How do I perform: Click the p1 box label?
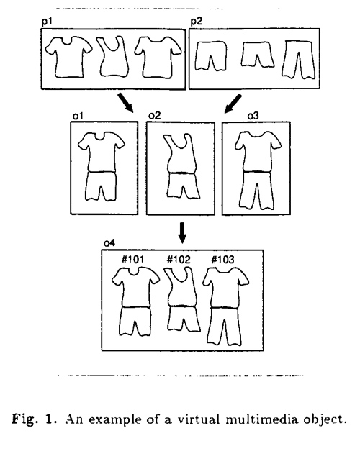point(48,22)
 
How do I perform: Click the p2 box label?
point(197,22)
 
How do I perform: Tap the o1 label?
point(78,116)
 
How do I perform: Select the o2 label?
point(155,116)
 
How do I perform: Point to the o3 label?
point(253,116)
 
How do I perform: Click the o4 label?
point(109,243)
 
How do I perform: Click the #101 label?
point(132,260)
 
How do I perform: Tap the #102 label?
point(179,260)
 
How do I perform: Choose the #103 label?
point(223,260)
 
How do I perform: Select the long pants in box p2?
point(299,60)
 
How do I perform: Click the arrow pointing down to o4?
point(182,232)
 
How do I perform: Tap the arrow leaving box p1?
point(125,102)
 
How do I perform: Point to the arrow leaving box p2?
point(233,104)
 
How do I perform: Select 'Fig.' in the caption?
point(24,419)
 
